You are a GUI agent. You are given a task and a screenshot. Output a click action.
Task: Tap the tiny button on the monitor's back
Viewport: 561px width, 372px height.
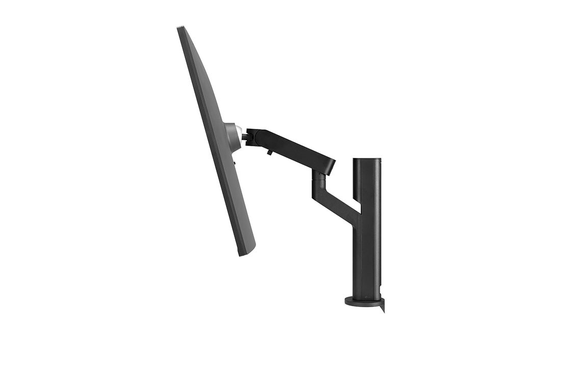pyautogui.click(x=235, y=163)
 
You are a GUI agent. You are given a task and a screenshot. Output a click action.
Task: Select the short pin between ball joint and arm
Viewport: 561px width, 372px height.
pyautogui.click(x=244, y=137)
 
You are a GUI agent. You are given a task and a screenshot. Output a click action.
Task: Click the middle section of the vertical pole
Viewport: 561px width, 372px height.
pyautogui.click(x=367, y=229)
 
